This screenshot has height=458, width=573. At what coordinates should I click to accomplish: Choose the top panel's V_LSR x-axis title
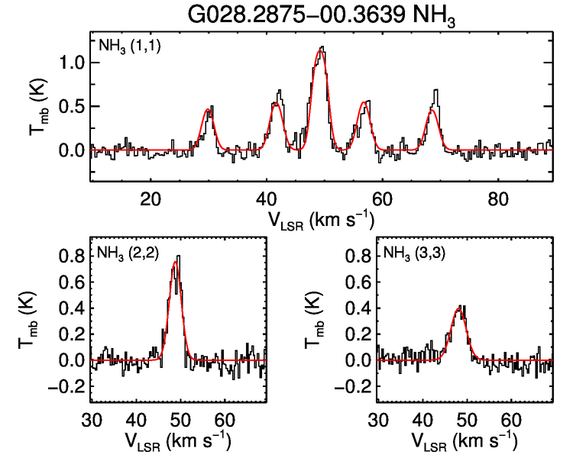pos(321,220)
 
